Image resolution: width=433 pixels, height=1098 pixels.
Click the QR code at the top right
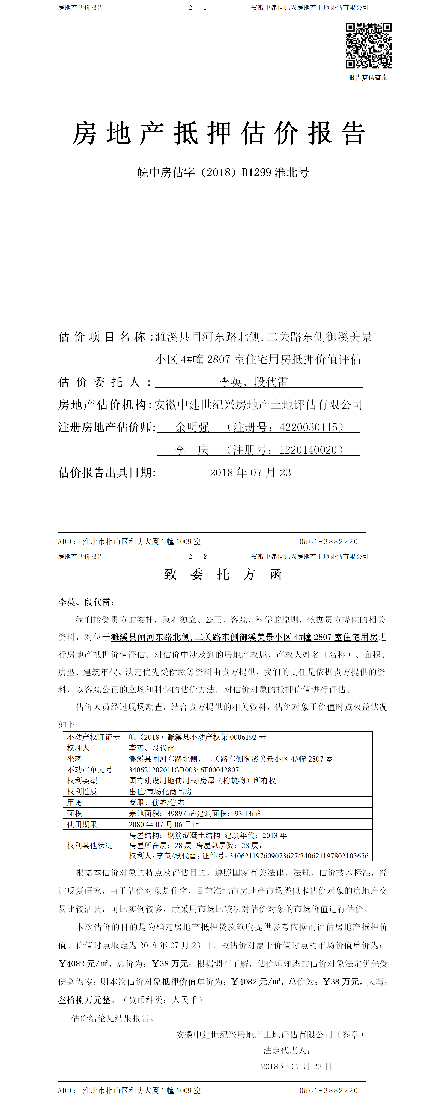tap(368, 46)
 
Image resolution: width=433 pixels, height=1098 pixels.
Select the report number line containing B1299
tap(223, 173)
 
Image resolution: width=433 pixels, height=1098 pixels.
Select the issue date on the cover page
tap(257, 472)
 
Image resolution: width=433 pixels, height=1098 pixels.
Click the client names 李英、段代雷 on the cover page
tap(253, 382)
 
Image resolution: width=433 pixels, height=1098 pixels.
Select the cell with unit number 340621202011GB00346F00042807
tap(184, 770)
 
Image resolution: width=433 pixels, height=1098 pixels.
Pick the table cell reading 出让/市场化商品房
tap(160, 792)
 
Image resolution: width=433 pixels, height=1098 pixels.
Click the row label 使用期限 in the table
tap(82, 824)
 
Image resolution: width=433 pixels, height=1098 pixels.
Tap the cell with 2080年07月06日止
tap(164, 824)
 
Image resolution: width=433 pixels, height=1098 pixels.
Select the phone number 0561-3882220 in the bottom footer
tap(329, 1090)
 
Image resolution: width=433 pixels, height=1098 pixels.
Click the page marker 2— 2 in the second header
tap(198, 556)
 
